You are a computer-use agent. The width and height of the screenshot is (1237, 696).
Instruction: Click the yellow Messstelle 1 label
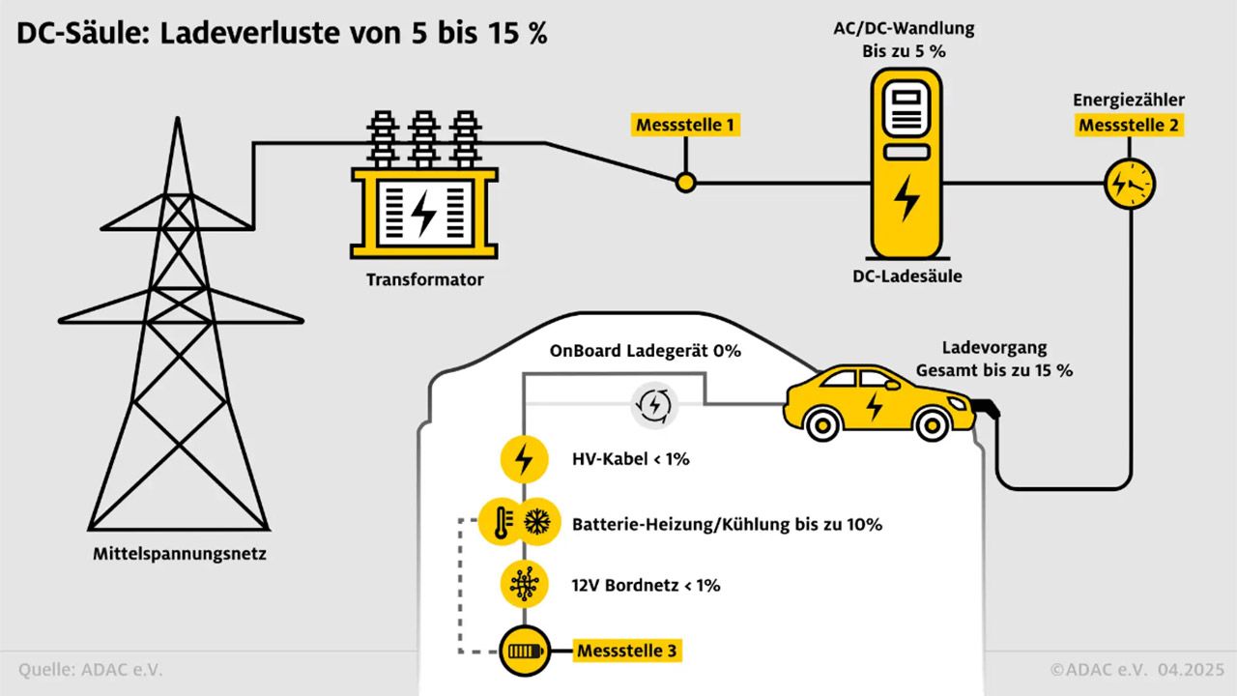click(685, 125)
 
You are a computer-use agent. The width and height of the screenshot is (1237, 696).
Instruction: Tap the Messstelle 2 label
click(1129, 126)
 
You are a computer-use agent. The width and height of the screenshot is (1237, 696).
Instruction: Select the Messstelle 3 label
click(627, 651)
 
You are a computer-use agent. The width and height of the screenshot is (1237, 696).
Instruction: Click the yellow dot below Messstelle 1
click(686, 183)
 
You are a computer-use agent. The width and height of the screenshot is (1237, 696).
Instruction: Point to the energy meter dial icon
click(1130, 184)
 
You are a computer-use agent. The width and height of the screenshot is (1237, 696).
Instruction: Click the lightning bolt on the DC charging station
click(906, 198)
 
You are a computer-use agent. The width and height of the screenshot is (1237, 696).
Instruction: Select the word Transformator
click(424, 279)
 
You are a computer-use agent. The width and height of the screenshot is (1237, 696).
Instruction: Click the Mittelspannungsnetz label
click(180, 554)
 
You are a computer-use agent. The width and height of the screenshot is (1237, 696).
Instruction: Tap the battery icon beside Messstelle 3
click(525, 652)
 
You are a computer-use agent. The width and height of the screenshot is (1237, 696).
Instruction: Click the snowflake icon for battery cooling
click(537, 522)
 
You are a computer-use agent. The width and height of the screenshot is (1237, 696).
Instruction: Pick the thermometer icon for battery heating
click(501, 522)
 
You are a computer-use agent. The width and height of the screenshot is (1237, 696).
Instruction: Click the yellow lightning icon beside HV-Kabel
click(524, 459)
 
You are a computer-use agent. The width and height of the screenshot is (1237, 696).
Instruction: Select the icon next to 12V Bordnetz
click(524, 585)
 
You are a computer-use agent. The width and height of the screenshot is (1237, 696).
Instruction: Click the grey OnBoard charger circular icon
click(654, 405)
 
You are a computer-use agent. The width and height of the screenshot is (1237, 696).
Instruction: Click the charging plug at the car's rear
click(987, 409)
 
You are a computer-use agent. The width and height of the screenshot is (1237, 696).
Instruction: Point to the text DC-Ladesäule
click(906, 276)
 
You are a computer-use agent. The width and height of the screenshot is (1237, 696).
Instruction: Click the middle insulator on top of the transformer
click(423, 139)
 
